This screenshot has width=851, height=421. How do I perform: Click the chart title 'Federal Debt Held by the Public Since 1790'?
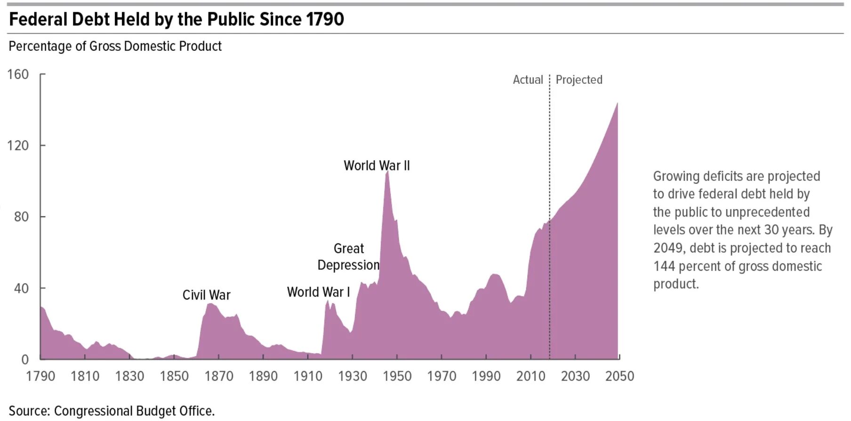click(x=177, y=19)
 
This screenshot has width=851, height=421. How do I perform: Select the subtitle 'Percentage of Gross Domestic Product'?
click(x=115, y=46)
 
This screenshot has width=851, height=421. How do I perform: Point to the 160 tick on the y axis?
click(x=18, y=74)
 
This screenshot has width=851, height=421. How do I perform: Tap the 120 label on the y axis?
click(x=18, y=146)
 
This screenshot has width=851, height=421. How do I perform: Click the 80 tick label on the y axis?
click(x=21, y=217)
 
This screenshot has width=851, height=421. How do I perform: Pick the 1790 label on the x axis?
click(x=40, y=376)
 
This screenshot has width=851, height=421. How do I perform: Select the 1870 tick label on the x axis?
click(x=219, y=376)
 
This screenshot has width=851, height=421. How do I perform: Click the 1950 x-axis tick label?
click(x=397, y=376)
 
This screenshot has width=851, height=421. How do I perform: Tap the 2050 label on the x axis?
click(x=620, y=376)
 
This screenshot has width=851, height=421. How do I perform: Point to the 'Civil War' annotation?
click(x=206, y=295)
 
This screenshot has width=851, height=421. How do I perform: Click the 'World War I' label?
click(x=319, y=292)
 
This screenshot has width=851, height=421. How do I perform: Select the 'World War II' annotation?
click(x=377, y=166)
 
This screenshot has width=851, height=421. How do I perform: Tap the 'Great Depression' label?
click(x=349, y=257)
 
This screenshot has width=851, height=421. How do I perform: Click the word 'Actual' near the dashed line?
click(x=528, y=80)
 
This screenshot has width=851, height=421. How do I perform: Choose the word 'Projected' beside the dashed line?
click(x=579, y=80)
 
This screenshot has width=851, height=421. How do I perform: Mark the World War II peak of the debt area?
click(x=387, y=172)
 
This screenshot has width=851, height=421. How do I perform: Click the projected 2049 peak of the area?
click(x=617, y=104)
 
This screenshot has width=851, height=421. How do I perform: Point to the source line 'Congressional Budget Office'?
click(x=134, y=411)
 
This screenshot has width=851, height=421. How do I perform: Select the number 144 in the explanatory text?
click(x=664, y=266)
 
